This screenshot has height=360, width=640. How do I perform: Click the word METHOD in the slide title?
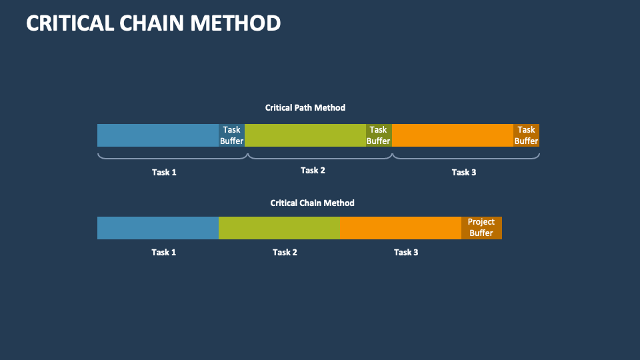point(235,23)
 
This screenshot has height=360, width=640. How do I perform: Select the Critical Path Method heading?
point(305,107)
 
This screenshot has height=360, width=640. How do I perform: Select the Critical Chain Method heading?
point(312,203)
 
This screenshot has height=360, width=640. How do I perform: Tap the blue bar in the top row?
point(158,135)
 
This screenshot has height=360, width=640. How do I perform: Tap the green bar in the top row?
point(305,135)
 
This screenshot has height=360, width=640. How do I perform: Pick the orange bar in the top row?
point(453,135)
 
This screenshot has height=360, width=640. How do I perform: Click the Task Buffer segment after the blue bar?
point(232,135)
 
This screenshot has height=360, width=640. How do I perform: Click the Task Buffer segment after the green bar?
point(379,135)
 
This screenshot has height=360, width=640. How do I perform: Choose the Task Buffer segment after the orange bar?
point(526,135)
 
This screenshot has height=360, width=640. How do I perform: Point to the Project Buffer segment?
point(481,227)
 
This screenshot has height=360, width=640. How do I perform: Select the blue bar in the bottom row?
point(158,227)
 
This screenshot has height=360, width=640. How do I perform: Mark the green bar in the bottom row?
point(279,227)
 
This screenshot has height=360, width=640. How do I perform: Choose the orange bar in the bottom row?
point(400,227)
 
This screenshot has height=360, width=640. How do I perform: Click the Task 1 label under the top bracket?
point(164,172)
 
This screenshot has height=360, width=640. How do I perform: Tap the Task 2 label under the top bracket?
point(313,170)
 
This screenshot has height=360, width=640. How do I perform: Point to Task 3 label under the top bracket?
point(464,172)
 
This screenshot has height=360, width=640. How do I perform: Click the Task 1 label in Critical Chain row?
point(164,252)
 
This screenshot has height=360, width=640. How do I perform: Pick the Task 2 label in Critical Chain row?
point(285,252)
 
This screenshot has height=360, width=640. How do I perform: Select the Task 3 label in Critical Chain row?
point(406,252)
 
